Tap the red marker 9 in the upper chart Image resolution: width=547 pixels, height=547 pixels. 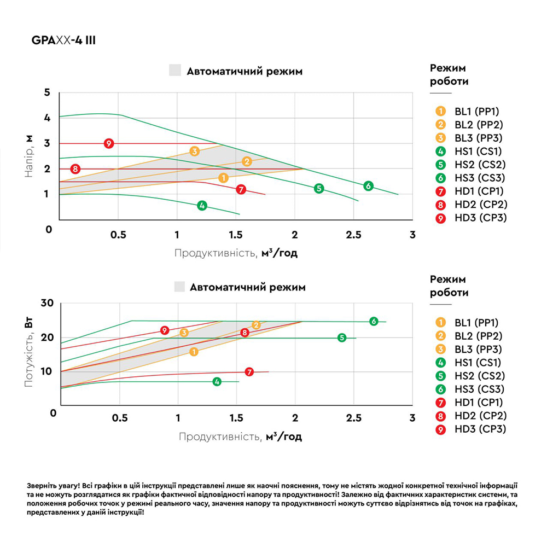tap(109, 143)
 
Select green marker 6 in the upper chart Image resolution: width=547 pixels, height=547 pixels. tap(368, 186)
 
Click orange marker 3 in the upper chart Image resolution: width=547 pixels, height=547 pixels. tap(194, 151)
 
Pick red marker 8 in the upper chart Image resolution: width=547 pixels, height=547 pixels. tap(75, 168)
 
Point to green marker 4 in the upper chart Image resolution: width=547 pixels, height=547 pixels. tap(202, 206)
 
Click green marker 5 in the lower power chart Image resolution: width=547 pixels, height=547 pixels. tap(342, 337)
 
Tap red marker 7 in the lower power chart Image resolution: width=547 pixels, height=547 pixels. tap(249, 372)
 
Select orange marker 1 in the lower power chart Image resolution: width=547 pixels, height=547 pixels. tap(193, 352)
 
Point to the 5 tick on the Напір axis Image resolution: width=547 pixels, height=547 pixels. tap(47, 92)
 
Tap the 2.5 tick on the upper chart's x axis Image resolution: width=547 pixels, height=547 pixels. tap(353, 235)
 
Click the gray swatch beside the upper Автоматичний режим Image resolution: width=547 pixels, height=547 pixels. tap(175, 71)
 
